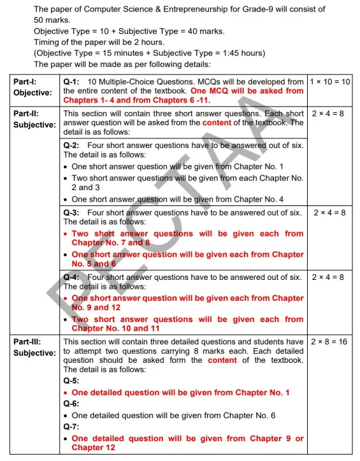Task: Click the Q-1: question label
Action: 75,82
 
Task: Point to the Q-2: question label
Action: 75,145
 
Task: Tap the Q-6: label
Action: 73,404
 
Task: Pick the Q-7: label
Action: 73,427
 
